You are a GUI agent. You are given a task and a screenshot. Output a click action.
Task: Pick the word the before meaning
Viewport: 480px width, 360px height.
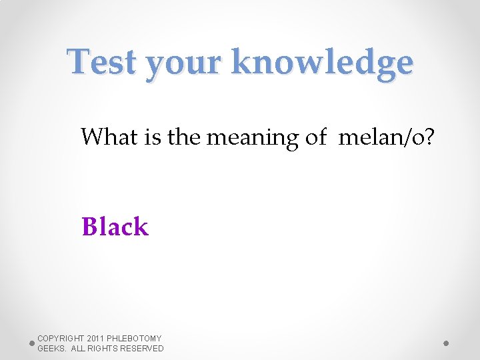[184, 137]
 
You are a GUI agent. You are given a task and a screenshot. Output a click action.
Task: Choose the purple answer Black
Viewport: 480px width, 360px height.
[115, 227]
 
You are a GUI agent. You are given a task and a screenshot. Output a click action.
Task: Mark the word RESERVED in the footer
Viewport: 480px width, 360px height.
[143, 349]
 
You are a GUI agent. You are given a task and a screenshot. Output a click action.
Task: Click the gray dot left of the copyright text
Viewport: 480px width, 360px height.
[32, 343]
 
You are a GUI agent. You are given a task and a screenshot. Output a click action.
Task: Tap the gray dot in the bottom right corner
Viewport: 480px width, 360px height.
[446, 343]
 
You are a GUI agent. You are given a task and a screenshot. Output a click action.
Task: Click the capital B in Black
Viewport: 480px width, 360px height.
[89, 227]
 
